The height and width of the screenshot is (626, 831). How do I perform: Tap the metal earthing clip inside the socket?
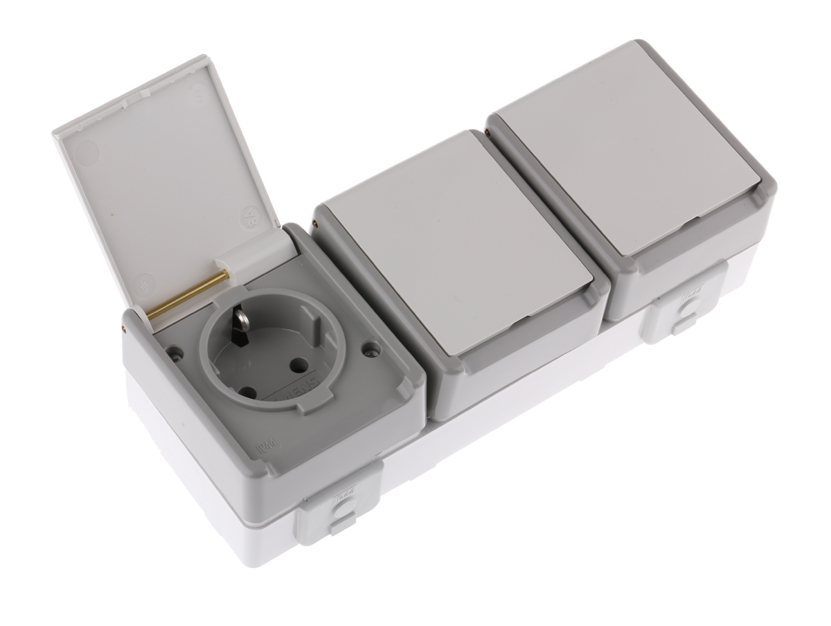click(x=240, y=325)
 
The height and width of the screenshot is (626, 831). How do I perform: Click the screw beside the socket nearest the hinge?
click(x=176, y=353)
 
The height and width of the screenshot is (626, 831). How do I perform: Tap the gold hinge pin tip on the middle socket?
click(x=316, y=223)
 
